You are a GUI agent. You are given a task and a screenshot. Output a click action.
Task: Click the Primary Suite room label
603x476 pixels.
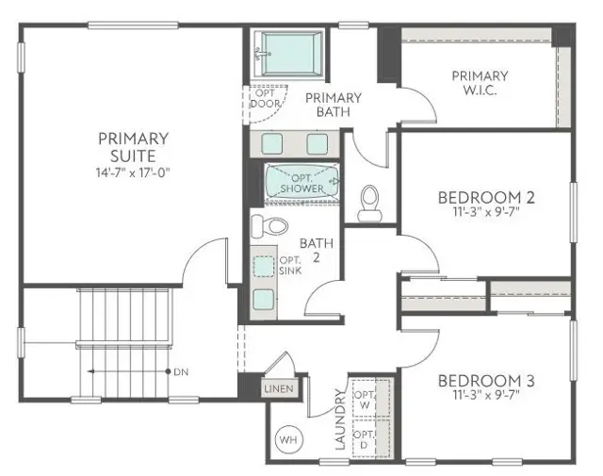134,147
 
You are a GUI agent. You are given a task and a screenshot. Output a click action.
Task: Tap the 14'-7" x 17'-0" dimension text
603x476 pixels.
134,172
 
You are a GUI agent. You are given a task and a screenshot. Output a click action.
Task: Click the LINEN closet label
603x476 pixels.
279,388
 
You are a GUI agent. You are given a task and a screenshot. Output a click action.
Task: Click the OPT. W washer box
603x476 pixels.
363,399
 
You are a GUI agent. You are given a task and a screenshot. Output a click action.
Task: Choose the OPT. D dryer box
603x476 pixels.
363,439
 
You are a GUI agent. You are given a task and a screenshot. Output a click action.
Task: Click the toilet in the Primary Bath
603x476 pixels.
369,200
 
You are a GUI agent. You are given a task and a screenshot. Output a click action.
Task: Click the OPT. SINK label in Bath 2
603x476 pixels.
288,266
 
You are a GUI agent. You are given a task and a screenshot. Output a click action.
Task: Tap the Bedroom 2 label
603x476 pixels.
486,198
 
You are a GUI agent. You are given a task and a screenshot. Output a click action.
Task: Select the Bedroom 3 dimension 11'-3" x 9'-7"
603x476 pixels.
486,398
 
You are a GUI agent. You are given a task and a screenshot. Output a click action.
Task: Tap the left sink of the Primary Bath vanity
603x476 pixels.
270,143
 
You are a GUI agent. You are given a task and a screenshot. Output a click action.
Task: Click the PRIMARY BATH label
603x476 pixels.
333,104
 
